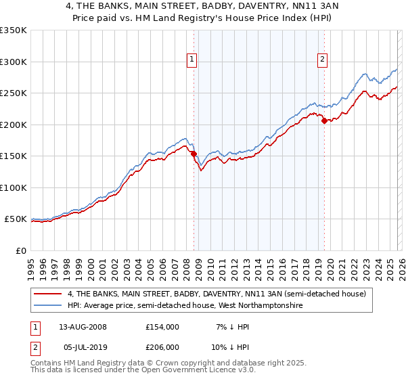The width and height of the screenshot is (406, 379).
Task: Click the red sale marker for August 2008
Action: coord(194,154)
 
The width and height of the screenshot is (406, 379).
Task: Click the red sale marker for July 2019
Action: coord(324,121)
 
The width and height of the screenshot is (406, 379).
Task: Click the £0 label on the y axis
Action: coord(20,250)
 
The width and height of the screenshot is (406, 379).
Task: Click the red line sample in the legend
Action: coord(48,294)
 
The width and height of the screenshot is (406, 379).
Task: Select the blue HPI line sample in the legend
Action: coord(48,306)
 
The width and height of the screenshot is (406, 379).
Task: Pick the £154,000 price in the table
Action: coord(162,326)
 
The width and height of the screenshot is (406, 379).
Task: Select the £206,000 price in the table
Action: coord(162,349)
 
